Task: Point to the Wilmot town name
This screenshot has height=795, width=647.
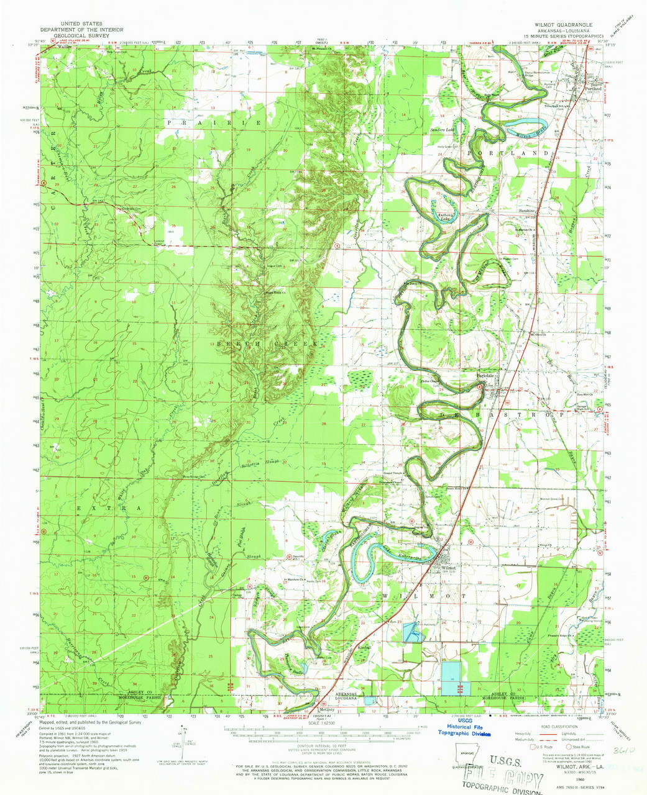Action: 449,568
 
